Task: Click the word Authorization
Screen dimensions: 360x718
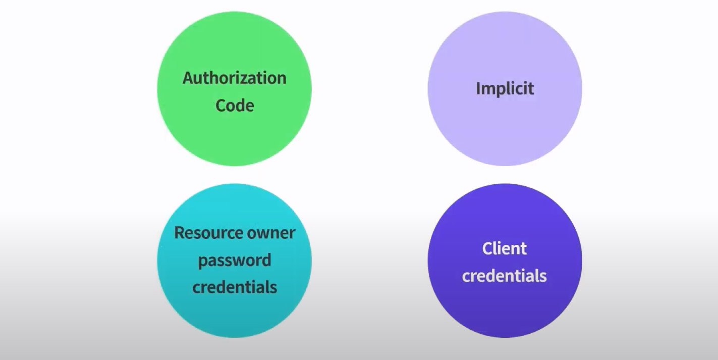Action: point(234,78)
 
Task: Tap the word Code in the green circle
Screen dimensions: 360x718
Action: point(235,106)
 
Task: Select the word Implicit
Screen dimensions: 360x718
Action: point(505,89)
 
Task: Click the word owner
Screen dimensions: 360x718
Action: point(271,233)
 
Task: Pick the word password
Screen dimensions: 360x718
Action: point(235,261)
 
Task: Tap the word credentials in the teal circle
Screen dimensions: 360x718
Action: point(235,287)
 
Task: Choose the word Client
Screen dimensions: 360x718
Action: point(505,248)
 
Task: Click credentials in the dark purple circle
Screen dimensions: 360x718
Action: point(505,276)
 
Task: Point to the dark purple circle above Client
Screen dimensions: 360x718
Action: point(505,212)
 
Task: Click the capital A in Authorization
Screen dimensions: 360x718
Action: point(188,78)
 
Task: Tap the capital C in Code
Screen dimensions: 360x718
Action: point(220,106)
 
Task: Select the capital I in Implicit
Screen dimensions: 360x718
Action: point(478,89)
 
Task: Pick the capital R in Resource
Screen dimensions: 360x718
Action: point(179,233)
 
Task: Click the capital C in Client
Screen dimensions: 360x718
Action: point(487,248)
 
